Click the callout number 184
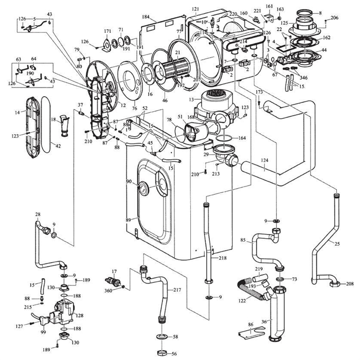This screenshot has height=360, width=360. pyautogui.click(x=146, y=17)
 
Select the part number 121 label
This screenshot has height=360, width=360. pyautogui.click(x=195, y=9)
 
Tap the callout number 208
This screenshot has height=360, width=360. pyautogui.click(x=349, y=284)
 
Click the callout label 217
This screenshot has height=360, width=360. pyautogui.click(x=177, y=290)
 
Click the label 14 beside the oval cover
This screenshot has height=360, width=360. pyautogui.click(x=17, y=112)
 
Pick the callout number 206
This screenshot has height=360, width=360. pyautogui.click(x=335, y=17)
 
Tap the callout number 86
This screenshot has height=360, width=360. pyautogui.click(x=251, y=325)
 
